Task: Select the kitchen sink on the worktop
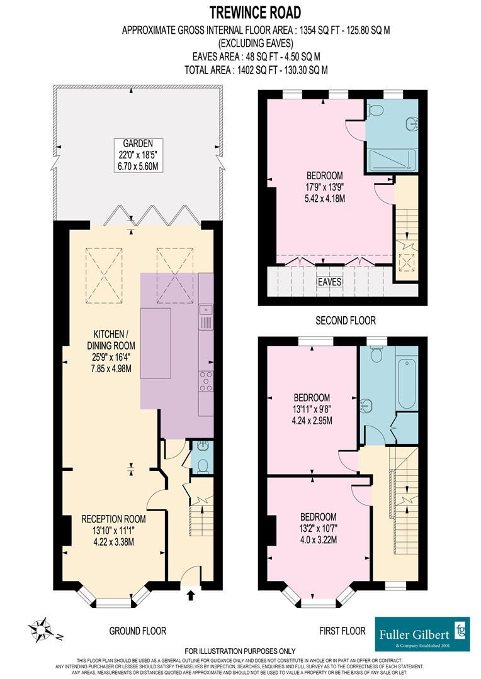(x=206, y=318)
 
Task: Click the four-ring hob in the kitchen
(x=206, y=382)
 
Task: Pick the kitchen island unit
(x=156, y=343)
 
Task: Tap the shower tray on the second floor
(x=391, y=160)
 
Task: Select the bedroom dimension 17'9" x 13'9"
(x=325, y=187)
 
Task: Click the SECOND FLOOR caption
(x=346, y=321)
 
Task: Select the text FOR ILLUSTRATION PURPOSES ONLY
(x=240, y=651)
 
